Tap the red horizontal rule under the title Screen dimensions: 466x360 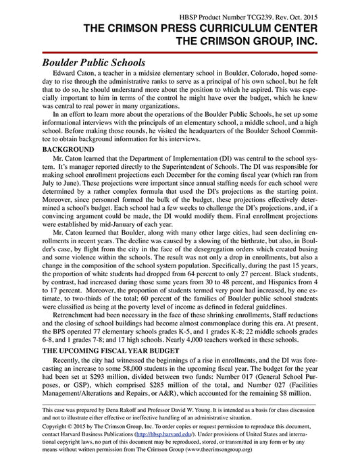tap(180, 51)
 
